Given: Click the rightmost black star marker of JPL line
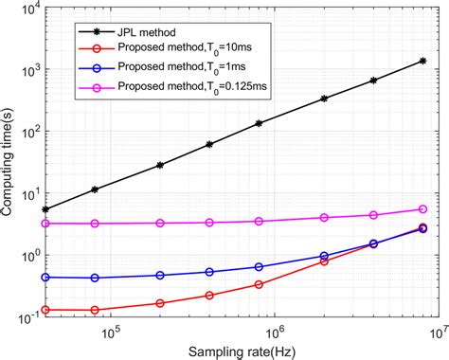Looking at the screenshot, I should (422, 62).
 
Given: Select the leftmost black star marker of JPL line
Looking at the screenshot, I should (46, 209).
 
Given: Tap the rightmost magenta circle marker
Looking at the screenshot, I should (422, 209).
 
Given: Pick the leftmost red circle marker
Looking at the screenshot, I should (46, 310).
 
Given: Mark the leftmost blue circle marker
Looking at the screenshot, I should (46, 278).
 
